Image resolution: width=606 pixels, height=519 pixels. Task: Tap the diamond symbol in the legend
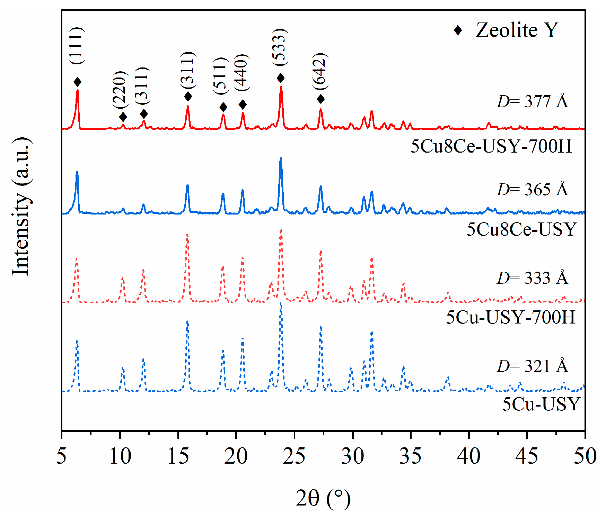(x=458, y=30)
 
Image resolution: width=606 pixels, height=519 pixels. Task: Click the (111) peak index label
(x=76, y=45)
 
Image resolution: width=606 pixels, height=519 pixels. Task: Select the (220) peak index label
(x=120, y=90)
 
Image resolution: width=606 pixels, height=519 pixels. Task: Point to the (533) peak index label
(x=280, y=47)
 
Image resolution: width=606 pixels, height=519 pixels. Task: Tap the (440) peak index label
(x=241, y=73)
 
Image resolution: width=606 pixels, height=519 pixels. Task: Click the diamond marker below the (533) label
(x=281, y=78)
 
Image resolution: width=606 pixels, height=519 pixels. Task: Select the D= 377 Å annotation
(x=533, y=102)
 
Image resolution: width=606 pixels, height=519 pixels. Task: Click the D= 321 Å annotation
(x=533, y=366)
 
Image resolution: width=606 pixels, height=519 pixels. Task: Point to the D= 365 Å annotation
(x=533, y=190)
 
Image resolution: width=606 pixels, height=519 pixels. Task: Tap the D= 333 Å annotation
(x=533, y=278)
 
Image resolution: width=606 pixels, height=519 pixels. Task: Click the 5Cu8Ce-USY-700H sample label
(x=491, y=146)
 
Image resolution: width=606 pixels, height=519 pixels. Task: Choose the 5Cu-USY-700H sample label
(x=510, y=317)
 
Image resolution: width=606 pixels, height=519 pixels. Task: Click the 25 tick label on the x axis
(x=294, y=456)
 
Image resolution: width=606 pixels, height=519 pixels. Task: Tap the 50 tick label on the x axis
(x=585, y=456)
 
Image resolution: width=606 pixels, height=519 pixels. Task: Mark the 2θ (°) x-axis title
(x=323, y=498)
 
